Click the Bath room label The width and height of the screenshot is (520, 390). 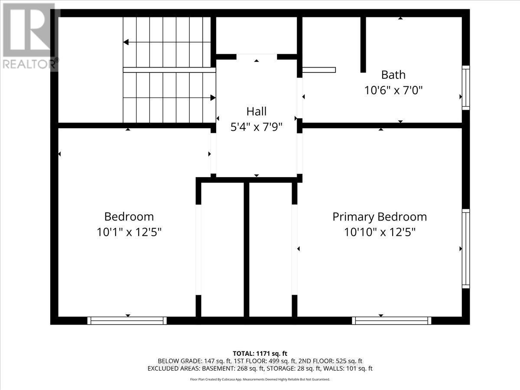[393, 75]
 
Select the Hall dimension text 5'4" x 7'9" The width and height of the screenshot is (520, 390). [256, 127]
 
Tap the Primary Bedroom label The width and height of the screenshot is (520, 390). [379, 217]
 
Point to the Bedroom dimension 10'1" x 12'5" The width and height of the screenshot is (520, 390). [129, 232]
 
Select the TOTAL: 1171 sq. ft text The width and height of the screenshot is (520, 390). [260, 354]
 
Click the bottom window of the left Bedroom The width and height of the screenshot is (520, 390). [127, 321]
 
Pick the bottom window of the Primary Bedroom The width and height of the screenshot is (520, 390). [391, 321]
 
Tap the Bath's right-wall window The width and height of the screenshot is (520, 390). [466, 87]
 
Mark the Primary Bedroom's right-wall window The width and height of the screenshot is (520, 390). [466, 248]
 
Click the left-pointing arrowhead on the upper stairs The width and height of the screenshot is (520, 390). [126, 42]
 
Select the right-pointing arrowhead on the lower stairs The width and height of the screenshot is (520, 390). [213, 98]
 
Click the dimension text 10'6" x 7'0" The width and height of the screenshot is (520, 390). [393, 91]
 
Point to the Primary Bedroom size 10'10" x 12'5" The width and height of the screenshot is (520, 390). [380, 232]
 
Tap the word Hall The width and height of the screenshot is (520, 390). [256, 111]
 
